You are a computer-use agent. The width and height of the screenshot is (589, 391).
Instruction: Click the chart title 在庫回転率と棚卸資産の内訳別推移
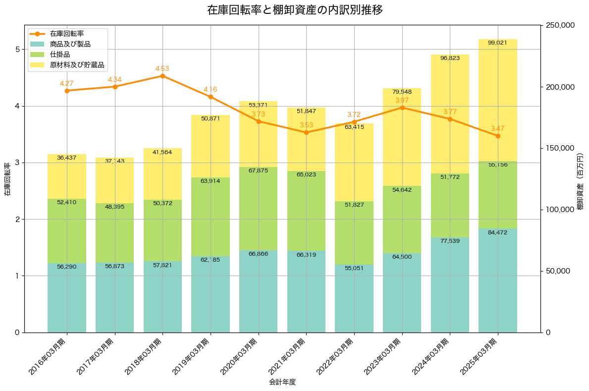294,10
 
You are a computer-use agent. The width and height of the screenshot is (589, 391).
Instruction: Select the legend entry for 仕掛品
60,55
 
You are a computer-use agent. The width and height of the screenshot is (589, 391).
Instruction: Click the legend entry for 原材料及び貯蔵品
77,65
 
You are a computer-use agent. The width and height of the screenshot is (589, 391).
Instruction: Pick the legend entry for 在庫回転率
66,34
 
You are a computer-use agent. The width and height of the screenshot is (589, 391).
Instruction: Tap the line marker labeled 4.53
162,76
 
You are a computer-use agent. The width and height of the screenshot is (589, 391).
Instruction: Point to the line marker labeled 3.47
498,136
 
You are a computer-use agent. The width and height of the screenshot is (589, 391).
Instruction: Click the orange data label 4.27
67,84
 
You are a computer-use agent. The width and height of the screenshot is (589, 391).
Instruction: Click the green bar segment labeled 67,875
258,208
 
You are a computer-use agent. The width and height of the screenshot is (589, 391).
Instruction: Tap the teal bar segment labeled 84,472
498,280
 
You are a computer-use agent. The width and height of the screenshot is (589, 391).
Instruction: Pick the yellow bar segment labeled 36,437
67,176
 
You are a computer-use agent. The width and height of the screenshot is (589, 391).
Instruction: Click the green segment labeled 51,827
354,232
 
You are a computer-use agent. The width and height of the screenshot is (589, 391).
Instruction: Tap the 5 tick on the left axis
17,50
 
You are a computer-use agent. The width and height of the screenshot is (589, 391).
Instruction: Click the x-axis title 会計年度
282,382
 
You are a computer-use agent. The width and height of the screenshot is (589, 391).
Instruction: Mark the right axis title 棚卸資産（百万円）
580,181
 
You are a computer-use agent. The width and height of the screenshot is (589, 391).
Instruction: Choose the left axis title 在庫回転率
7,179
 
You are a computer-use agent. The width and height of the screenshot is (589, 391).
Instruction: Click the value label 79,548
402,92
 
